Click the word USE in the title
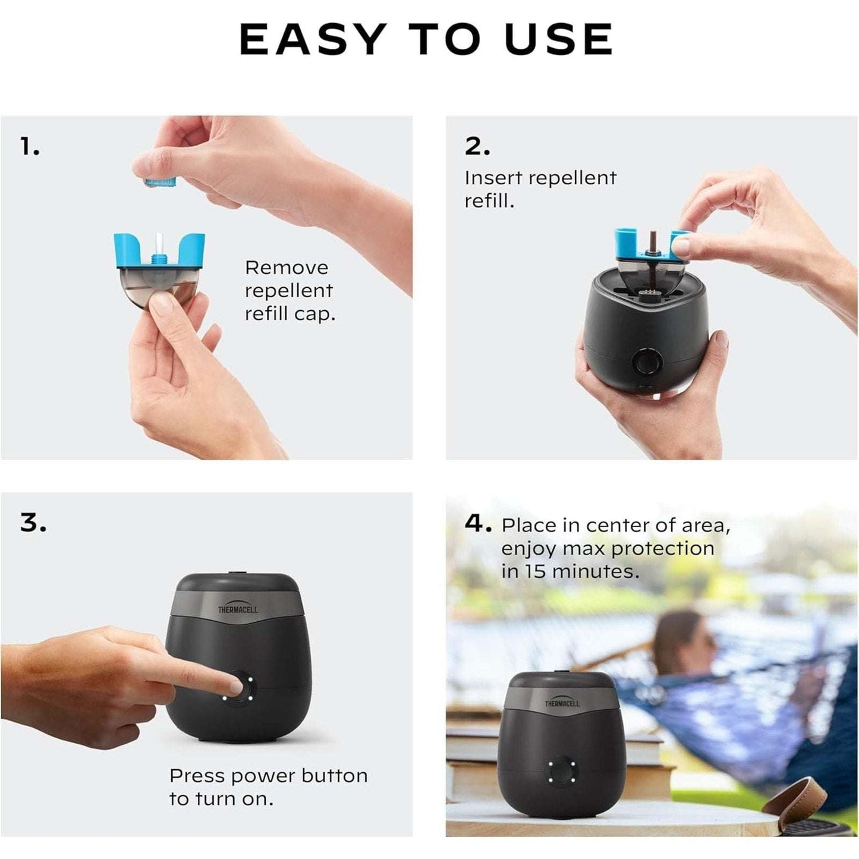(x=558, y=39)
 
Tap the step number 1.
(x=30, y=146)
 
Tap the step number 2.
(x=477, y=146)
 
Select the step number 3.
(x=33, y=523)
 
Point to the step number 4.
(x=477, y=524)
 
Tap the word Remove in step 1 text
(x=286, y=268)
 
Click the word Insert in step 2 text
(x=493, y=178)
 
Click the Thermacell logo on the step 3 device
(x=238, y=609)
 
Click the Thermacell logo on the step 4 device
(x=562, y=703)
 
